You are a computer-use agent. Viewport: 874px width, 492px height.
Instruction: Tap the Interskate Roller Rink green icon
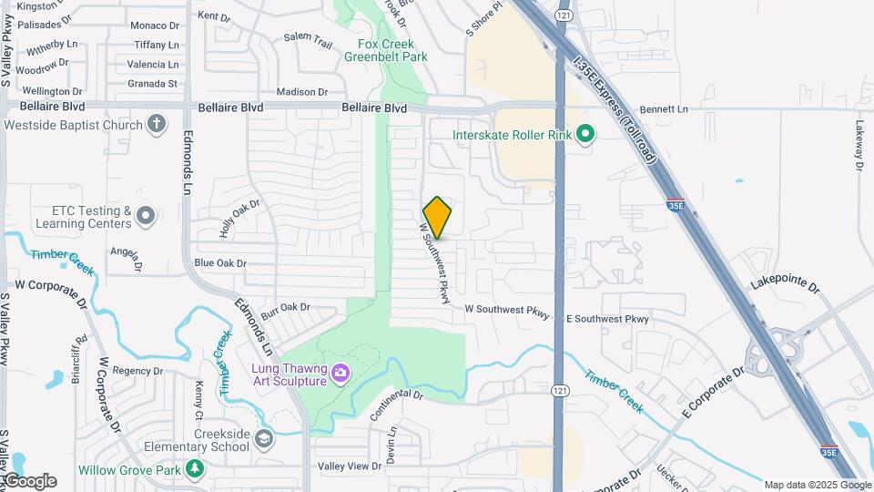(x=586, y=136)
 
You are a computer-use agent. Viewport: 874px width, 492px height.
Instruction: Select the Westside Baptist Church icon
(x=157, y=124)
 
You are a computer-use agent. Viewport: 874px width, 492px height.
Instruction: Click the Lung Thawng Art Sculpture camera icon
(x=340, y=372)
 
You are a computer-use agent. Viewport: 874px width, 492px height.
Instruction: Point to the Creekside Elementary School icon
(x=264, y=438)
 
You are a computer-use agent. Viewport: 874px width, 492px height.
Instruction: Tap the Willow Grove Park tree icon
(x=194, y=469)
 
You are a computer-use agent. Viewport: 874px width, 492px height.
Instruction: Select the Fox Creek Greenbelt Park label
(x=386, y=50)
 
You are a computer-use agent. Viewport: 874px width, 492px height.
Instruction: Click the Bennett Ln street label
(x=664, y=109)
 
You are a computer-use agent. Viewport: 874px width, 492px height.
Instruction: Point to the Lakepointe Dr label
(x=785, y=286)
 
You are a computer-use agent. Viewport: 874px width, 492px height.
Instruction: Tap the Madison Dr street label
(x=302, y=92)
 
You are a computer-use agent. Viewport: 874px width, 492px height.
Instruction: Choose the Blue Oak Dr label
(x=220, y=263)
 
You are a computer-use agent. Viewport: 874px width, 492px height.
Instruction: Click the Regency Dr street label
(x=137, y=371)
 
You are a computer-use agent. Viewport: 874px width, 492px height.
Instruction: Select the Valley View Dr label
(x=350, y=466)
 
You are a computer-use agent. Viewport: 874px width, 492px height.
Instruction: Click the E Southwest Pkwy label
(x=607, y=319)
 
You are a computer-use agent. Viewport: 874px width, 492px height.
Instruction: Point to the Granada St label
(x=152, y=83)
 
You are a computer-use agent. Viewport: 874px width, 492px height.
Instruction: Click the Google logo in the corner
(x=29, y=481)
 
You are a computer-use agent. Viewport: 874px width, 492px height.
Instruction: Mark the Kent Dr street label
(x=214, y=16)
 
